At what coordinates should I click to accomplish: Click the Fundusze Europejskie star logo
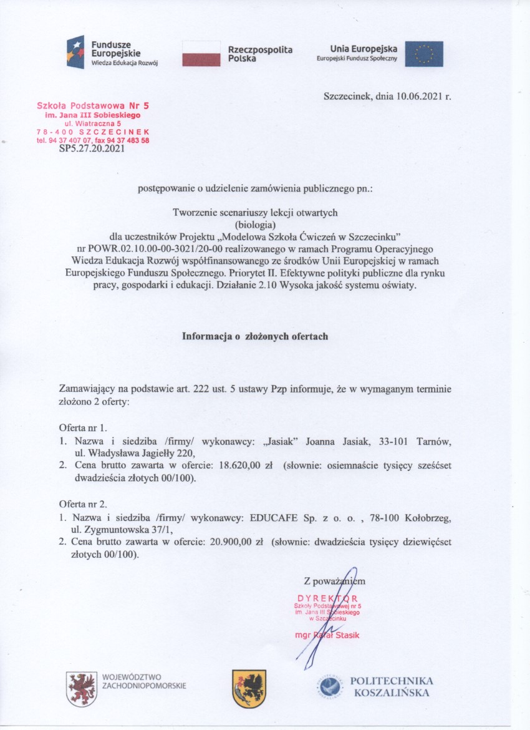77,52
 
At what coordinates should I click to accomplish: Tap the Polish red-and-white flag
201,53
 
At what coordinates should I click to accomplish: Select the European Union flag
424,54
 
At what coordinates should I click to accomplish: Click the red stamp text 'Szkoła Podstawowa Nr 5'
93,106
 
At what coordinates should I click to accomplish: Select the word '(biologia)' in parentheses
254,223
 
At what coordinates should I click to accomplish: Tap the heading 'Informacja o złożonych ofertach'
254,336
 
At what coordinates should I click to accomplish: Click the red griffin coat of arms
82,688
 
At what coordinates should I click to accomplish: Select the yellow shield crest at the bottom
249,688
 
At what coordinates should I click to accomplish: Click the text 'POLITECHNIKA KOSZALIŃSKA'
391,686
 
